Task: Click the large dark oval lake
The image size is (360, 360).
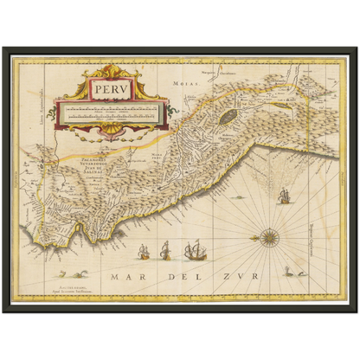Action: click(x=227, y=115)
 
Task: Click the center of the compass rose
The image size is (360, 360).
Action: click(x=269, y=235)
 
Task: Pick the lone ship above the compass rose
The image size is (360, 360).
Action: click(x=281, y=196)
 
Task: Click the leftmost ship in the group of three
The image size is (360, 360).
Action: click(x=145, y=253)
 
